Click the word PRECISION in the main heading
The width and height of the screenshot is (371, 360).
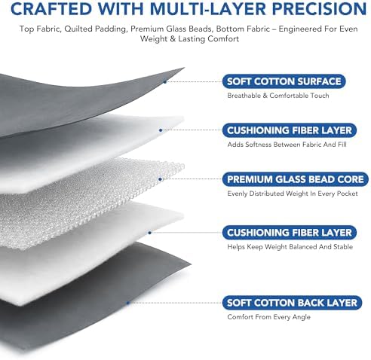319,8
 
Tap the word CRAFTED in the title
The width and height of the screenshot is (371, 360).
51,8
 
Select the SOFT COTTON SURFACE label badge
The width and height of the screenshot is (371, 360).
284,81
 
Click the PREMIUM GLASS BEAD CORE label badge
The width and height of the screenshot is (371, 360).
296,179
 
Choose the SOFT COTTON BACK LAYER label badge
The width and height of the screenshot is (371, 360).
292,303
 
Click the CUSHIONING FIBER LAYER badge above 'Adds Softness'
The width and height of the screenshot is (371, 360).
290,130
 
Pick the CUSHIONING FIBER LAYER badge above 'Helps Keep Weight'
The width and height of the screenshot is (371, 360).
290,233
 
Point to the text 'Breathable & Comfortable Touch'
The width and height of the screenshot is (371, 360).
278,96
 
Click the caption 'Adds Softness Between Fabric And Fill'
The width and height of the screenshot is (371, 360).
287,145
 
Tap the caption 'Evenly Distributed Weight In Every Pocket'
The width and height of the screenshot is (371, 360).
293,194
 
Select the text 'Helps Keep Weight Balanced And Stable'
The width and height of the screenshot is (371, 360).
290,247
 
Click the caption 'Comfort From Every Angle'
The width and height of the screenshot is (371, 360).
268,317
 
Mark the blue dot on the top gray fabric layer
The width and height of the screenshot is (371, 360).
165,82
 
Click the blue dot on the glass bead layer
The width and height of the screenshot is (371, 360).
161,179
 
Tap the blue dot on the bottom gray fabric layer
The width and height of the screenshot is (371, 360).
127,303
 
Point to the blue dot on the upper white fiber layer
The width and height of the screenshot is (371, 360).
161,130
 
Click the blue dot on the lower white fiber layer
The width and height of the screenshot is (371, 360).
150,233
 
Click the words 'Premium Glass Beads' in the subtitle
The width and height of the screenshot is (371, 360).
171,29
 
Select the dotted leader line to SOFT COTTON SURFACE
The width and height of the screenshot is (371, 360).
195,81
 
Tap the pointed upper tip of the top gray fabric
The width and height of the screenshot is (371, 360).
184,68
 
